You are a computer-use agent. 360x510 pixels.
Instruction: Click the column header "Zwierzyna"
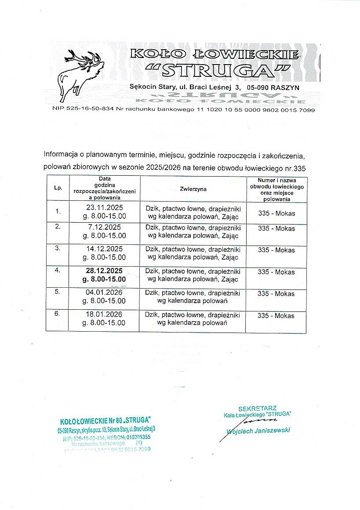(193, 189)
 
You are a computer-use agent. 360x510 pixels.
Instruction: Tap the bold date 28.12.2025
(105, 271)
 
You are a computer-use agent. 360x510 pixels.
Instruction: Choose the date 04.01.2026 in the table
(105, 293)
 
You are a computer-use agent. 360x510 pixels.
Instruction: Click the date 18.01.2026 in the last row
(105, 315)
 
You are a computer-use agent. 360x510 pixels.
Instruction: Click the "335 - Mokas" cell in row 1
(276, 213)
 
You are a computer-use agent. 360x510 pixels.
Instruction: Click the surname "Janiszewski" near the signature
(272, 430)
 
